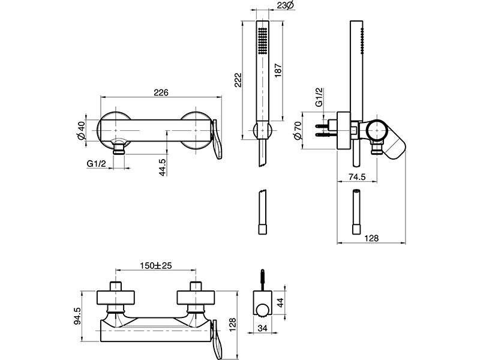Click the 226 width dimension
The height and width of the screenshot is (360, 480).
point(160,92)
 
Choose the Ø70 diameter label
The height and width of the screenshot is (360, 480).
point(298,132)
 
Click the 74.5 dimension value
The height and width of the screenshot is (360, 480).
point(358,175)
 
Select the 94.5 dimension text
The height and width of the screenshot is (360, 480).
point(77,316)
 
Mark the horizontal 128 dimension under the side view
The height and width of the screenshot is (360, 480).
point(372,238)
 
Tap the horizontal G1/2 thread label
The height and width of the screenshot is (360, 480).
point(95,163)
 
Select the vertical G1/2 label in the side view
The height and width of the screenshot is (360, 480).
point(320,98)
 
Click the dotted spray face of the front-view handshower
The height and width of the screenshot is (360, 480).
point(262,40)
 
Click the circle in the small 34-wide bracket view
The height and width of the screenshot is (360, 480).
point(261,310)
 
